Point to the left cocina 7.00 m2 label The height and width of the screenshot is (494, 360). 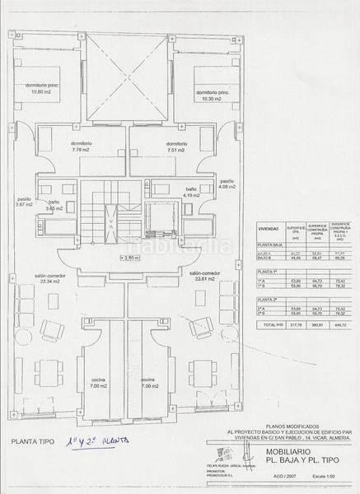(98, 383)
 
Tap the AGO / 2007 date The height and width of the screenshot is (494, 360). (290, 487)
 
